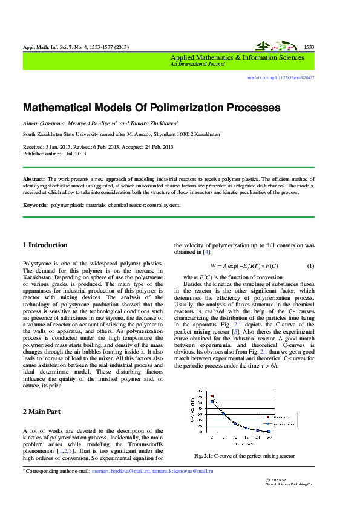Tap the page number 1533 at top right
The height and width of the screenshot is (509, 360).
(308, 47)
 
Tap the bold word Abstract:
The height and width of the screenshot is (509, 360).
(34, 180)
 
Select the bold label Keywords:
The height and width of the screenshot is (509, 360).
(35, 205)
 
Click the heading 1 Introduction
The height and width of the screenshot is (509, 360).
(45, 245)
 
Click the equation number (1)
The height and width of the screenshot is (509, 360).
(310, 266)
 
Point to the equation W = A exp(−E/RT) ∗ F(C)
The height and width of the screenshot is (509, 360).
(244, 266)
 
